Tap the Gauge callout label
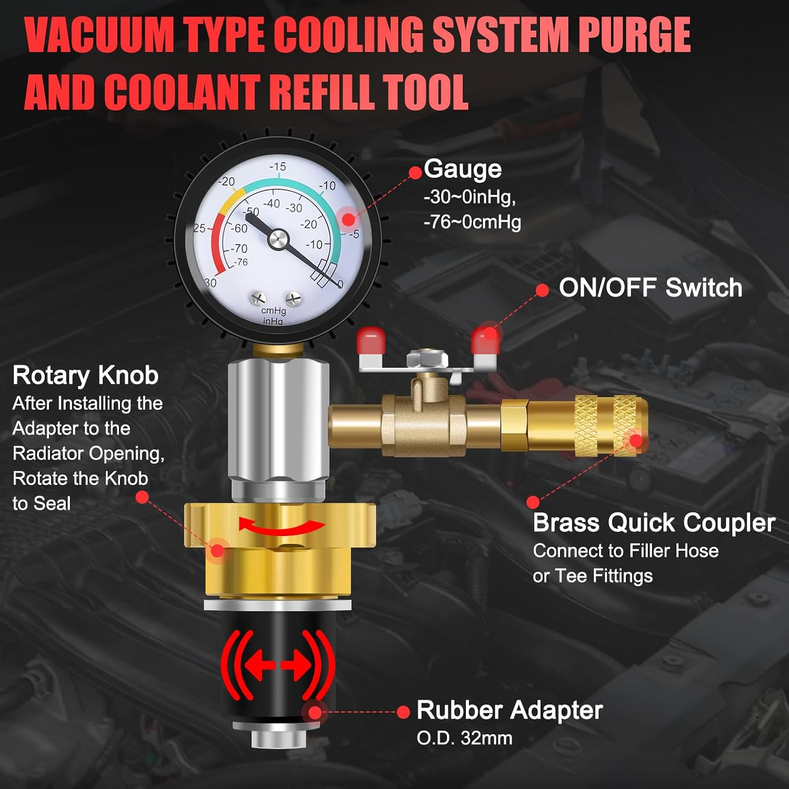pyautogui.click(x=463, y=169)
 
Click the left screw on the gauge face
pyautogui.click(x=258, y=298)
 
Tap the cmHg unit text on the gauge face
pyautogui.click(x=273, y=311)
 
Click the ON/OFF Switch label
pyautogui.click(x=650, y=288)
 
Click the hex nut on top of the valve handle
pyautogui.click(x=427, y=360)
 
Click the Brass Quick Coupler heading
pyautogui.click(x=654, y=523)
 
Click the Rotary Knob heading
pyautogui.click(x=85, y=376)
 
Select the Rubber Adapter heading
pyautogui.click(x=509, y=710)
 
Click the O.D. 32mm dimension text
pyautogui.click(x=464, y=738)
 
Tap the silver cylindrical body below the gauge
pyautogui.click(x=277, y=426)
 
